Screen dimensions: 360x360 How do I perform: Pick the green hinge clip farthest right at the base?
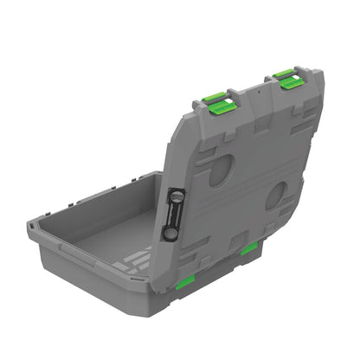[x=249, y=249]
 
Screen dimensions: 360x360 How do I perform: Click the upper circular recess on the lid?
[x=220, y=170]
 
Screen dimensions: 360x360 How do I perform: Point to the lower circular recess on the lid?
[x=276, y=195]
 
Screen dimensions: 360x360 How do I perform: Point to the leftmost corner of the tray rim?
[x=30, y=224]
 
